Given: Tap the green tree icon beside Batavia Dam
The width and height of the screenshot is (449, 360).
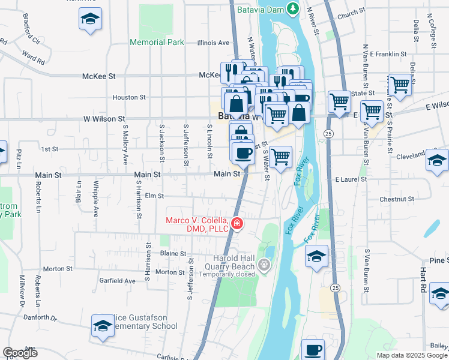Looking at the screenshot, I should point(292,8).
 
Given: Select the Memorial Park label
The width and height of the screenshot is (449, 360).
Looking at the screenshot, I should point(157,43).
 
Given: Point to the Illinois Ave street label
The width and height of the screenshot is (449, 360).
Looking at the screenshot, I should point(214,43).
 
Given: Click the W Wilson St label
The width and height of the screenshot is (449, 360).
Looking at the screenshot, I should point(104,119).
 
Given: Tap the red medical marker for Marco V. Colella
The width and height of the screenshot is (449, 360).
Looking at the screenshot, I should point(238,224).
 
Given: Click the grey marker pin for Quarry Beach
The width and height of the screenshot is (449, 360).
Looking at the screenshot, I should point(263,264).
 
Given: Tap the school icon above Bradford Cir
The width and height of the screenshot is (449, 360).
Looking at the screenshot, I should point(90,19).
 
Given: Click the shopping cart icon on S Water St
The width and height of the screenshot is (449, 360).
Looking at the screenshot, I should point(280,157).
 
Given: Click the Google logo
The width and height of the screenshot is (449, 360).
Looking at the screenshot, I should point(20,353).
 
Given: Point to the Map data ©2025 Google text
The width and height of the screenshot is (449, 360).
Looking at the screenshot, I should point(411,355).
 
